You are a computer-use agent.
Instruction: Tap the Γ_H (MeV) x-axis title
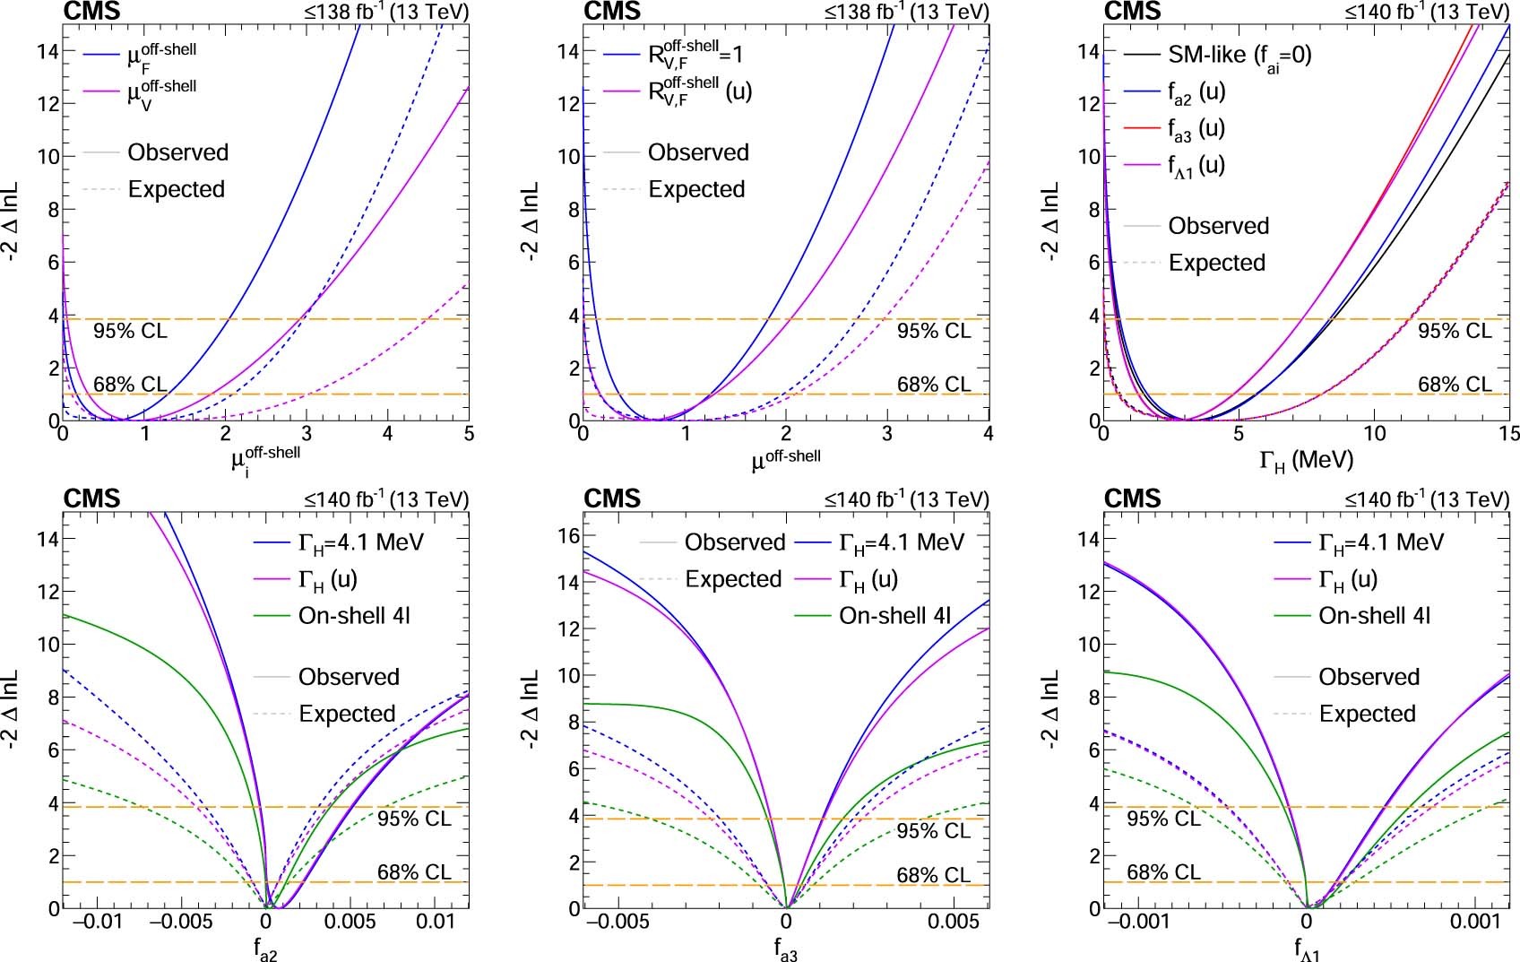point(1306,460)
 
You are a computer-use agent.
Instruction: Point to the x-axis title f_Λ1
point(1308,949)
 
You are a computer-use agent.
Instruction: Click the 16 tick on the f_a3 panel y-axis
point(569,535)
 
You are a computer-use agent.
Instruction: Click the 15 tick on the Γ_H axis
point(1508,434)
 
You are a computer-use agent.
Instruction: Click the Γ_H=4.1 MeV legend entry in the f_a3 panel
point(901,542)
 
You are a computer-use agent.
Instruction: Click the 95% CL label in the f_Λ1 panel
point(1162,819)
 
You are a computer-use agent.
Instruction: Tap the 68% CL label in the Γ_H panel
point(1454,385)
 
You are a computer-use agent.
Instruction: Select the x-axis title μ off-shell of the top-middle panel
point(785,460)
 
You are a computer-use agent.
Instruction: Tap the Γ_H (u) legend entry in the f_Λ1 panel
point(1357,579)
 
